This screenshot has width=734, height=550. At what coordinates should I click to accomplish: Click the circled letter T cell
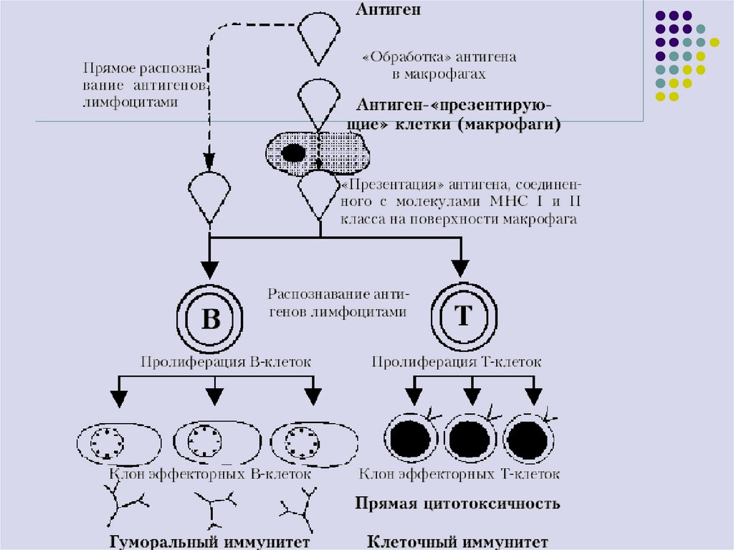coord(462,316)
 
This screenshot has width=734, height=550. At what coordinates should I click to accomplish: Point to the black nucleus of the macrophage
coord(293,153)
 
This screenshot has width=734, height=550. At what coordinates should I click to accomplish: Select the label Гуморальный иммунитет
coord(209,541)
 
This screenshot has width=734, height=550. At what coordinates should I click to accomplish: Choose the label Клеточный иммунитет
coord(458,541)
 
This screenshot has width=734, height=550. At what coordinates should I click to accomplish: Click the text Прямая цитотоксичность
coord(457,503)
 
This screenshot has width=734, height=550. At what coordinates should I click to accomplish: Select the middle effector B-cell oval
coord(214,445)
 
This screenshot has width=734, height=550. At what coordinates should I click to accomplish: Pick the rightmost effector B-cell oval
coord(313,445)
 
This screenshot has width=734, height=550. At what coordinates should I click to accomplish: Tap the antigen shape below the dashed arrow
coord(209,195)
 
